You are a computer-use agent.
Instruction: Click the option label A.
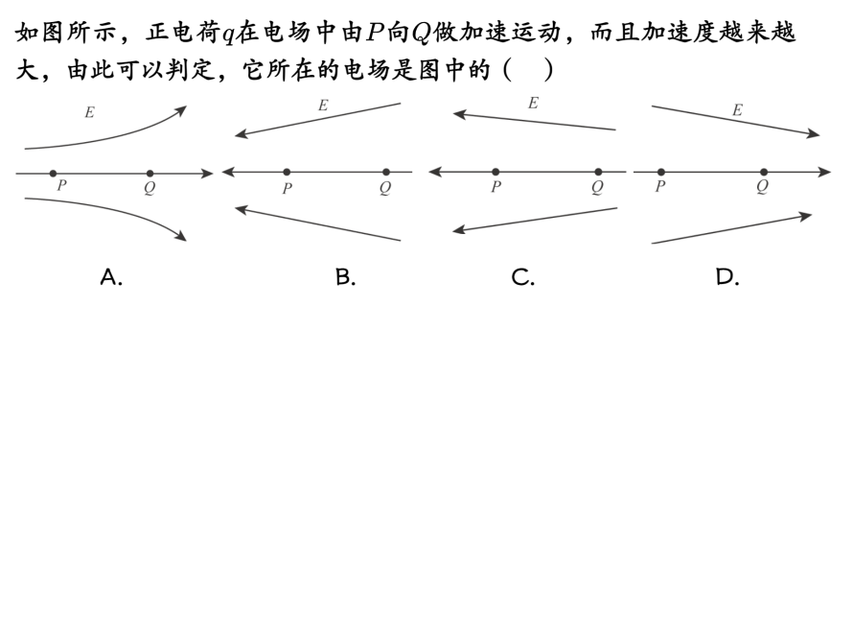click(111, 277)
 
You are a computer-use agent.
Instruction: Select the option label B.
click(345, 277)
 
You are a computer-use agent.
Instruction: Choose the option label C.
click(522, 277)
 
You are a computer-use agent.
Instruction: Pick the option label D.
click(726, 277)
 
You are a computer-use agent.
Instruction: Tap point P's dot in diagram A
click(53, 174)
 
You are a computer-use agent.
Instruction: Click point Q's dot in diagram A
click(150, 174)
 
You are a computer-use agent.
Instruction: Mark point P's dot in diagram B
click(287, 173)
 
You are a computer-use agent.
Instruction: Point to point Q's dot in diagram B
click(386, 173)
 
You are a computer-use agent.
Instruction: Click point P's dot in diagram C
click(496, 173)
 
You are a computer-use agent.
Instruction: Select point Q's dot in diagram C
click(598, 173)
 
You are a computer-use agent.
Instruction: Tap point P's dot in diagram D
click(661, 173)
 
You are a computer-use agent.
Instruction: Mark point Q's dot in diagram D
click(764, 173)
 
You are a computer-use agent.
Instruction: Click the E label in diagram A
click(89, 112)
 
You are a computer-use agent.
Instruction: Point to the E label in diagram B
click(323, 106)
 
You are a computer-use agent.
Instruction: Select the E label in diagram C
click(533, 103)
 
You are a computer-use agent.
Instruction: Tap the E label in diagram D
click(737, 110)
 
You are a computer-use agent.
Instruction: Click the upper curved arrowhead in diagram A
click(180, 110)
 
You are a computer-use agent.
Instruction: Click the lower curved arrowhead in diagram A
click(180, 236)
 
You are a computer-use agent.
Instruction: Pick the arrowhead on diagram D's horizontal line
click(825, 173)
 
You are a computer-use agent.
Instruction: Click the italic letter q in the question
click(228, 35)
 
